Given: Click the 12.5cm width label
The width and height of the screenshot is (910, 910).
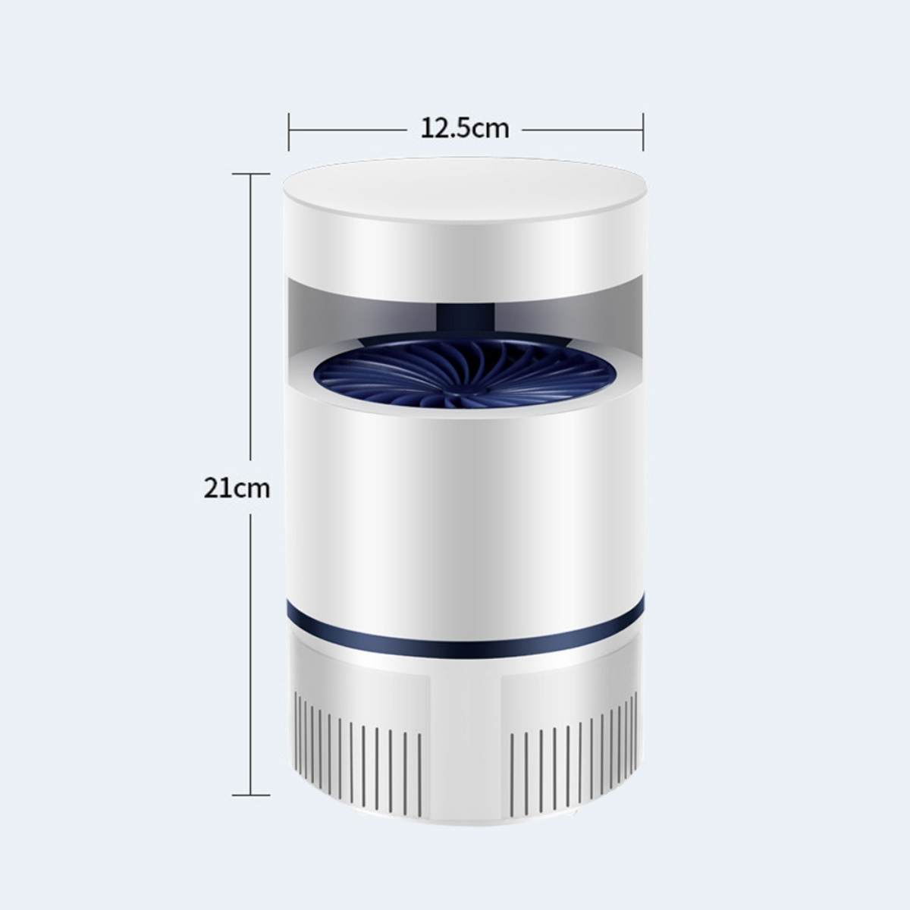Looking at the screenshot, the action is click(465, 128).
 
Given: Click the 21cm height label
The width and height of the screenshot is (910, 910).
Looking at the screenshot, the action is click(237, 488).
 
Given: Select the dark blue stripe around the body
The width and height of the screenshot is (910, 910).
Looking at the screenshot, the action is click(465, 632).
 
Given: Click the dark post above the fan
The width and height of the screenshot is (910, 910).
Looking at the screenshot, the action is click(465, 319).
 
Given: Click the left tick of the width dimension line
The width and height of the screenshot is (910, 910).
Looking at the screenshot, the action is click(289, 132).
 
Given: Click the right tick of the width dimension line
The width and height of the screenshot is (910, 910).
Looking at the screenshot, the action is click(643, 132).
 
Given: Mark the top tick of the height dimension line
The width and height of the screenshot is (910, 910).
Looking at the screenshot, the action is click(251, 174).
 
